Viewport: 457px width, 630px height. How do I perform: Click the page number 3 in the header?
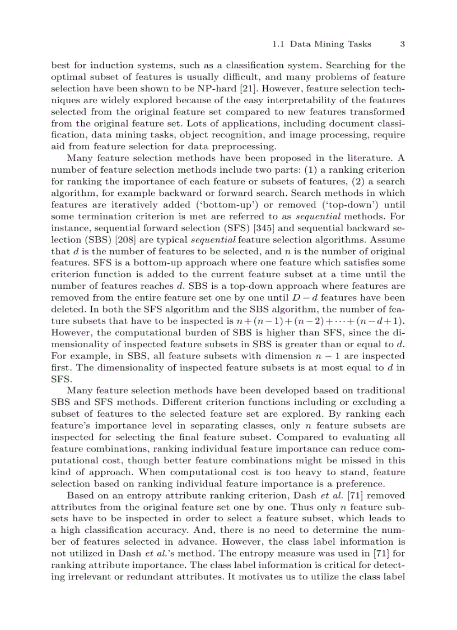tap(402, 44)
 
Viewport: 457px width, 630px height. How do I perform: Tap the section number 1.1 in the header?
tap(278, 44)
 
